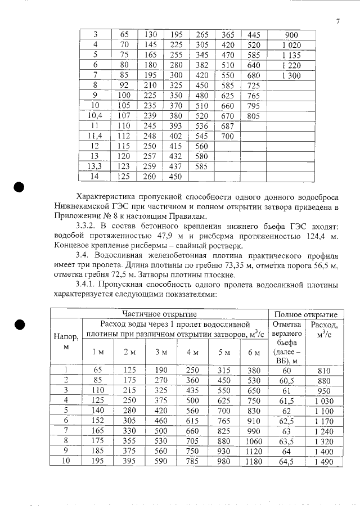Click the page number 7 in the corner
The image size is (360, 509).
click(337, 21)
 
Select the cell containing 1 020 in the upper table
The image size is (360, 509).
click(291, 45)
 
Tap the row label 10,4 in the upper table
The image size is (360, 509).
click(95, 116)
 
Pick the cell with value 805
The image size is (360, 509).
click(254, 116)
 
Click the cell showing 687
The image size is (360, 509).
click(228, 126)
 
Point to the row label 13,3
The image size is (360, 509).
click(95, 166)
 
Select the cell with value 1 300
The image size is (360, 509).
click(291, 75)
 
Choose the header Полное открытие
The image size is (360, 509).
click(305, 314)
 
